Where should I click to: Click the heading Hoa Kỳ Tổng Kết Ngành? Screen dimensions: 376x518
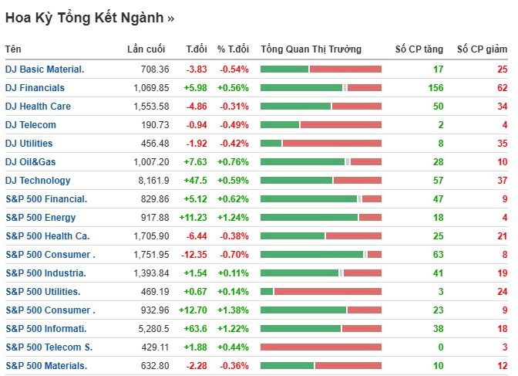89,16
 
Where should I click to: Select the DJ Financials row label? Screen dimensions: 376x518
35,88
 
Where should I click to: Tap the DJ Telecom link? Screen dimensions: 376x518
31,125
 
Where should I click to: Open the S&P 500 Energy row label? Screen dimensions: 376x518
41,218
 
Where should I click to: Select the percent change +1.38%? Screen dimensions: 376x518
233,310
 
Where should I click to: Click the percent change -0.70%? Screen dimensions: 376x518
234,255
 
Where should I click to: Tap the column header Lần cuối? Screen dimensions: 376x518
146,49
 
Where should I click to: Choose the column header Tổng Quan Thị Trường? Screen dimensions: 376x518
311,49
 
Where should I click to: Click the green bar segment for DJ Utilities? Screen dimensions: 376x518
271,144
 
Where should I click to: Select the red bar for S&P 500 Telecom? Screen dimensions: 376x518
321,347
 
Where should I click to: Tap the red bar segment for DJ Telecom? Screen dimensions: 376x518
340,125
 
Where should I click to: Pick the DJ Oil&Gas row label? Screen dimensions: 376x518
31,162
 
